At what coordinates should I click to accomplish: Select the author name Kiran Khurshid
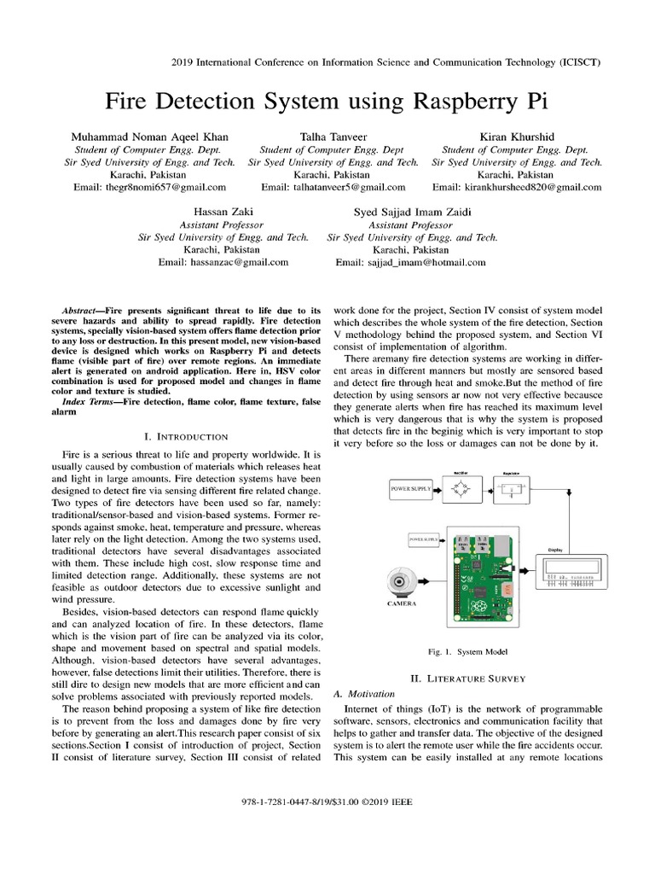point(505,137)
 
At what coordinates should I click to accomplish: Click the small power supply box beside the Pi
point(424,539)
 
